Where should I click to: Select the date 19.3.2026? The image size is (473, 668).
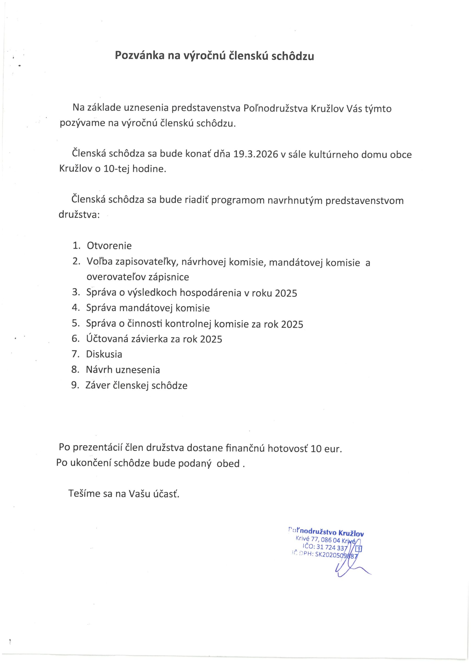pos(256,154)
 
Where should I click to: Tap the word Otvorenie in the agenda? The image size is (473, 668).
pos(109,246)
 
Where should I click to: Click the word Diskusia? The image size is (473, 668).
pos(104,354)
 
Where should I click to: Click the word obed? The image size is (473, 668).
pos(228,463)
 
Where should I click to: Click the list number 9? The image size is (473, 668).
pos(75,385)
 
